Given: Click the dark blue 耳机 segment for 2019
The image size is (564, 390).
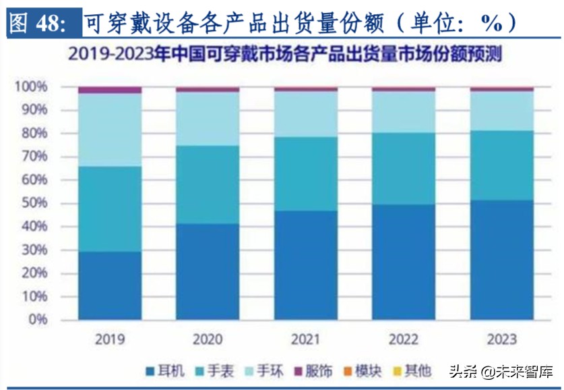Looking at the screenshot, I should (x=110, y=285).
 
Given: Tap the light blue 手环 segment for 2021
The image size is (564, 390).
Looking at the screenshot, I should (x=305, y=113).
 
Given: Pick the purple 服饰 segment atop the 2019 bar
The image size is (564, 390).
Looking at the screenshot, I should (x=110, y=90).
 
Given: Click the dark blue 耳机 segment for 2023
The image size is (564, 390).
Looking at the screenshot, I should (x=501, y=260).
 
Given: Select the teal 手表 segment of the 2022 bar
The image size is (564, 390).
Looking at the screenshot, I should (x=404, y=169).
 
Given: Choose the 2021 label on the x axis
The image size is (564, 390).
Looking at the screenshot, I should (x=305, y=339).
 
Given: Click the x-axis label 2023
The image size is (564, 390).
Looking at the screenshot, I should (x=501, y=339).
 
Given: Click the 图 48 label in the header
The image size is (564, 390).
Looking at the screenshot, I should (x=38, y=24).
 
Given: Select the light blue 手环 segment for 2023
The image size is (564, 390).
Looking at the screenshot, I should (x=501, y=111).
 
